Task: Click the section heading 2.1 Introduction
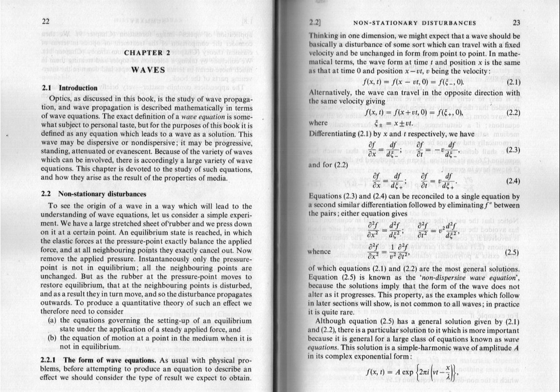click(70, 88)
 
